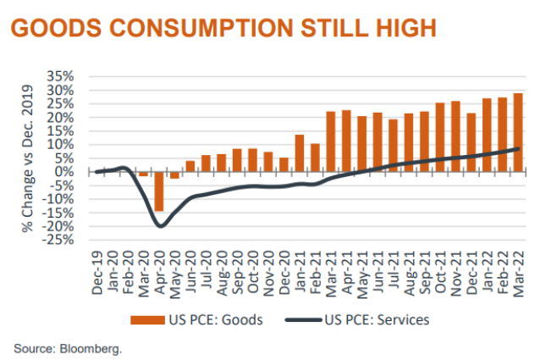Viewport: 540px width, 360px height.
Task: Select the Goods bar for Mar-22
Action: click(x=517, y=132)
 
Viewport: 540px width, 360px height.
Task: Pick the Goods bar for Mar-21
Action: click(x=331, y=141)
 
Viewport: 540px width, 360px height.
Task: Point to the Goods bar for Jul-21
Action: click(x=393, y=146)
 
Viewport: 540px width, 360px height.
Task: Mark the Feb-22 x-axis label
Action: click(x=502, y=272)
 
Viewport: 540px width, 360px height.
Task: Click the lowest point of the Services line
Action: click(x=160, y=225)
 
